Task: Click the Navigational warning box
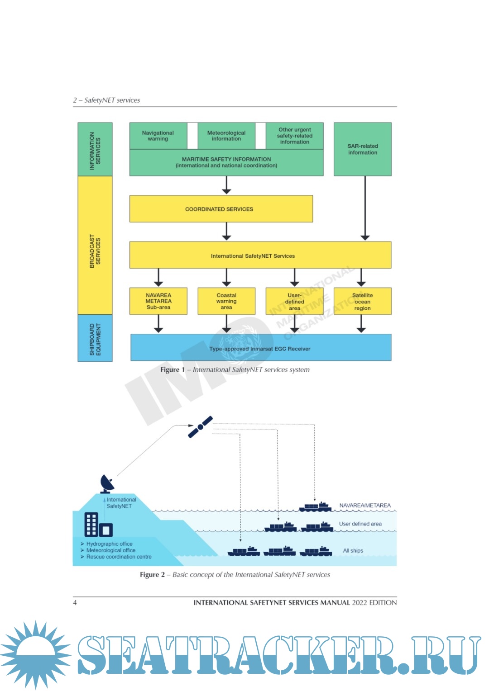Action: point(158,136)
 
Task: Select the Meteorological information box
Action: point(226,136)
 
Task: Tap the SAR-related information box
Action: point(362,149)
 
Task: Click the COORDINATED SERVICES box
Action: point(221,209)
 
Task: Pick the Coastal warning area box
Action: point(226,301)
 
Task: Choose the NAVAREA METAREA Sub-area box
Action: point(158,301)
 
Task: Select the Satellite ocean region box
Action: point(362,302)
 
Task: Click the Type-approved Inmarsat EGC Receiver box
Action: point(260,348)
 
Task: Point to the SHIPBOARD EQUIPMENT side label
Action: point(95,339)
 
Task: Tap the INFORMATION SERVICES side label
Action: point(95,150)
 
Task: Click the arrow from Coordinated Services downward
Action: point(226,232)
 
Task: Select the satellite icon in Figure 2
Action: point(200,427)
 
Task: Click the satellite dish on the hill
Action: point(107,484)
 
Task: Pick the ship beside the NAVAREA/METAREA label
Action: point(316,506)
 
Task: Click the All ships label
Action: point(353,551)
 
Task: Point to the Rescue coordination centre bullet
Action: point(119,557)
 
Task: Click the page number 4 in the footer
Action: point(75,603)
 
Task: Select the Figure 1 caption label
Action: point(173,370)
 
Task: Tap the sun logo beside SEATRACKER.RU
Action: point(35,655)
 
